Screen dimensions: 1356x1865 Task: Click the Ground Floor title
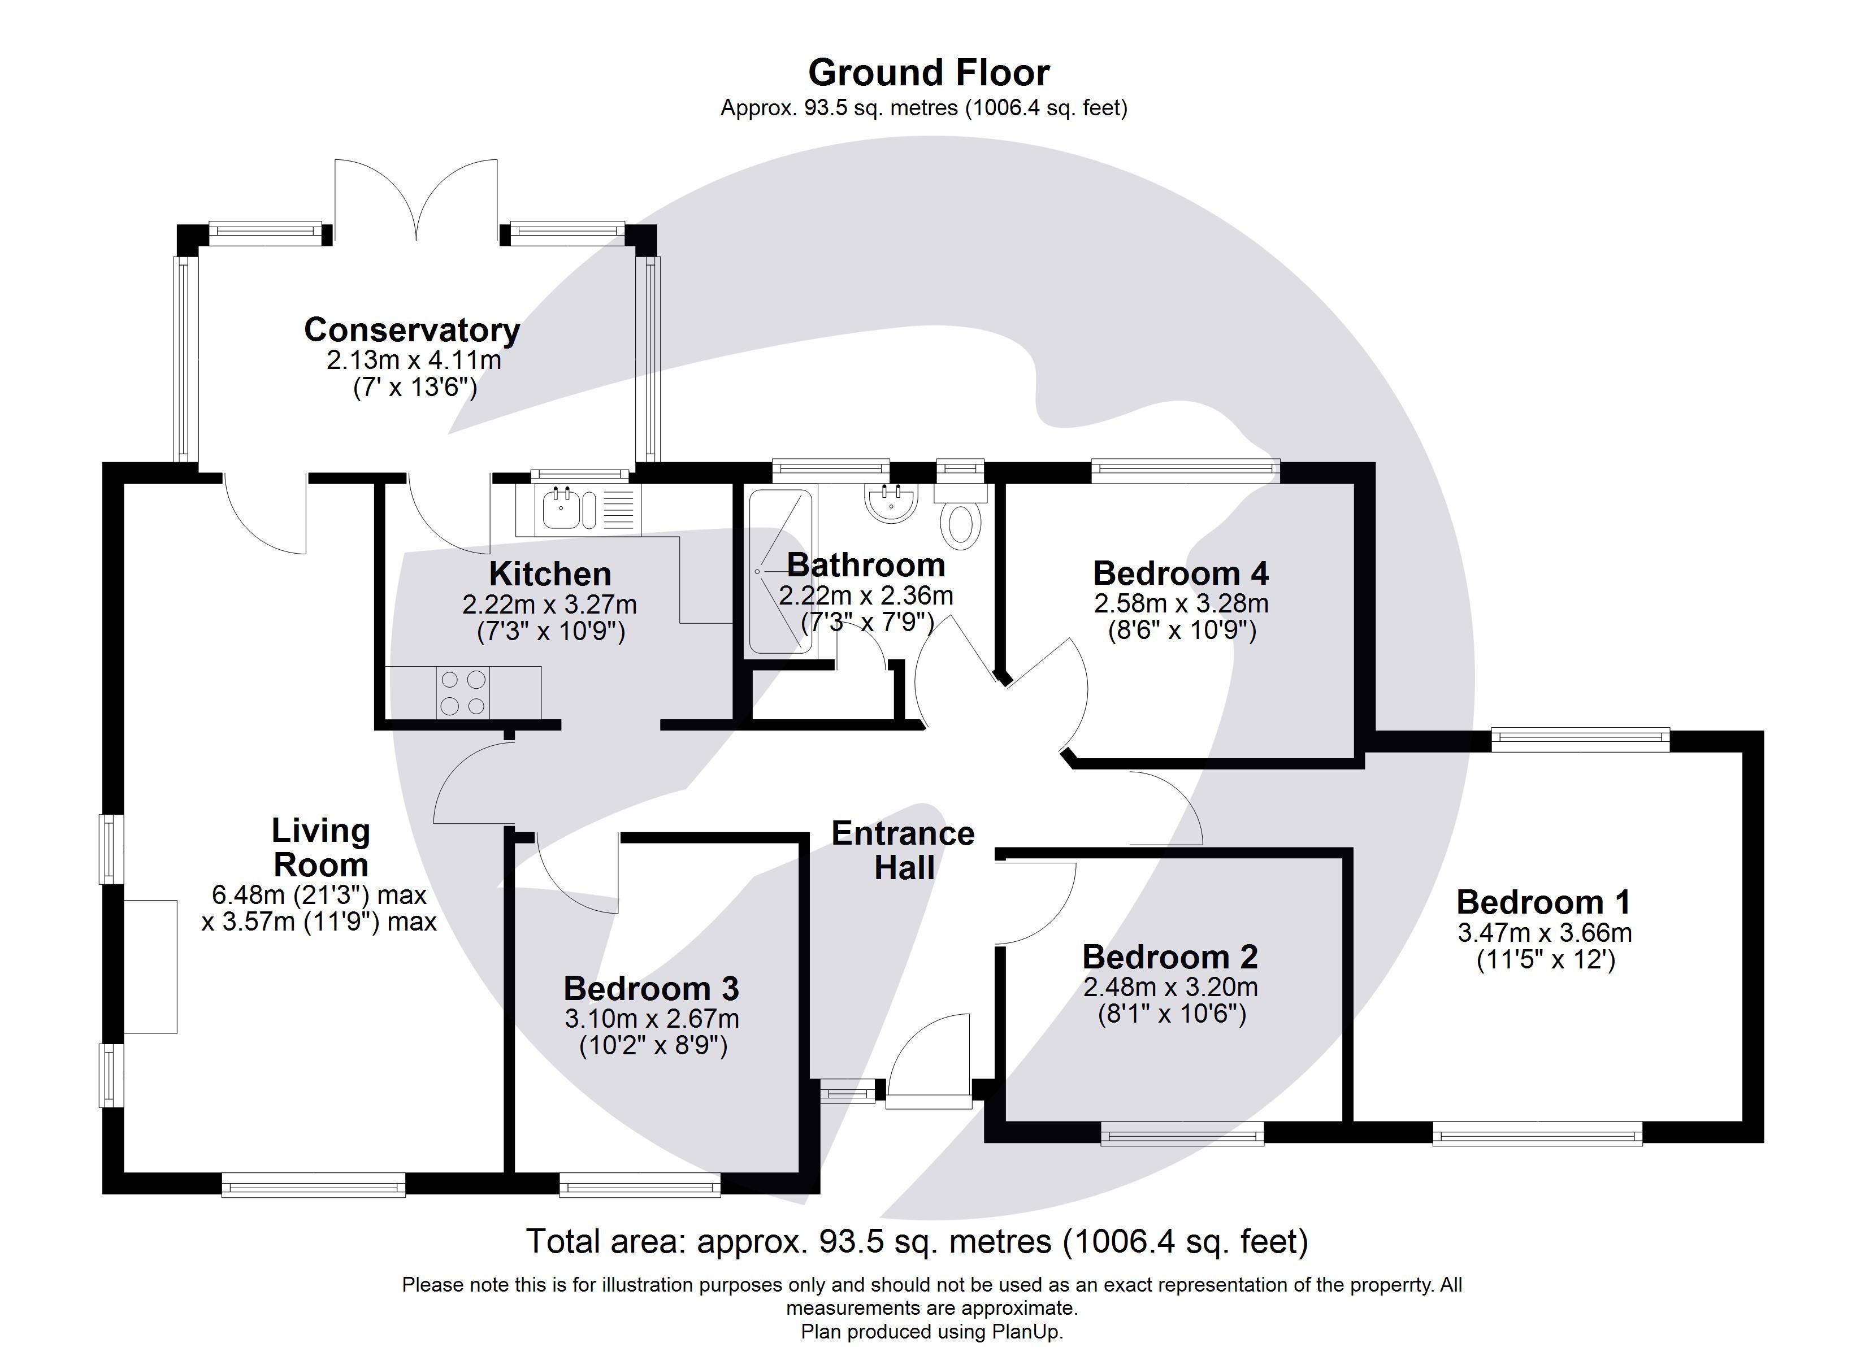(x=929, y=73)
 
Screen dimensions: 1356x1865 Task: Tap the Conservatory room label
(x=412, y=330)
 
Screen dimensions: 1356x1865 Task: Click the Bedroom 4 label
(x=1180, y=573)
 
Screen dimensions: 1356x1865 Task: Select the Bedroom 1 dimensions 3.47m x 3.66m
(x=1545, y=933)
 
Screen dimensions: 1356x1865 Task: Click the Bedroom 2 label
(x=1169, y=957)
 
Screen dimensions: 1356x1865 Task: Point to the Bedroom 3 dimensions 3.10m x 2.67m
(x=651, y=1019)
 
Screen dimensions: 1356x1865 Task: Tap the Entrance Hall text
(x=903, y=851)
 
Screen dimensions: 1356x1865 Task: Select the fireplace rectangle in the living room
(x=150, y=966)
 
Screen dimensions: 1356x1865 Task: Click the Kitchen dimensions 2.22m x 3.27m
(x=549, y=605)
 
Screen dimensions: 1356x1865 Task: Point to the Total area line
(x=917, y=1242)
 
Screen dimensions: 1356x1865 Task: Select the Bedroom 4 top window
(x=1185, y=471)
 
